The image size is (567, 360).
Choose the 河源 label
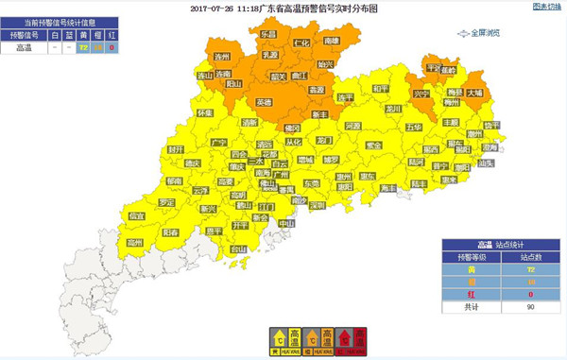coord(352,126)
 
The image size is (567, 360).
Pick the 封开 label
coord(176,149)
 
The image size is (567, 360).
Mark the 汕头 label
coord(487,163)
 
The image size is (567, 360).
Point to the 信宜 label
coord(136,216)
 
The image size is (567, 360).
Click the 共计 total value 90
coord(529,307)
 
